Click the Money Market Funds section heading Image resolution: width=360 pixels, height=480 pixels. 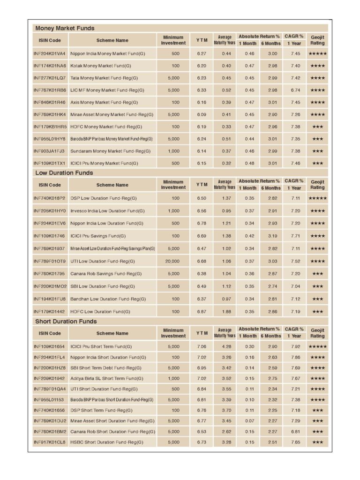65,28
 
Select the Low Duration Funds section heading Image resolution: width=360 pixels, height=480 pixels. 64,173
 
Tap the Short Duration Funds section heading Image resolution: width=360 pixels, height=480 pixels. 66,322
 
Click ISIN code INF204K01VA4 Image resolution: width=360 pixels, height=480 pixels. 50,53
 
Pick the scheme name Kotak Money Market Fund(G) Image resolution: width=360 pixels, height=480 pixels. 101,66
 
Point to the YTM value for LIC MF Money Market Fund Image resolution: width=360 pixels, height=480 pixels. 202,90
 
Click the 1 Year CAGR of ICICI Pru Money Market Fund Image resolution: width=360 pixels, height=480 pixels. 295,163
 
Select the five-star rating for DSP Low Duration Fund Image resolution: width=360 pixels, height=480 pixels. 317,198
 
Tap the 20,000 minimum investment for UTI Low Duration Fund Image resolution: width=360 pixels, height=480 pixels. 172,261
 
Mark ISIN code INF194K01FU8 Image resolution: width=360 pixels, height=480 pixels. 50,299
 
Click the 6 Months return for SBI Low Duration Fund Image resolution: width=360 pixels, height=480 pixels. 272,286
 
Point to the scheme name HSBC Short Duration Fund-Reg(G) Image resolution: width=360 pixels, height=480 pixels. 107,442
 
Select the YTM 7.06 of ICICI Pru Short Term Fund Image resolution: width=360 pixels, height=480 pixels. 202,347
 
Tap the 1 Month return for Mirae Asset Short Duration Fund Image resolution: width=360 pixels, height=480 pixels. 249,421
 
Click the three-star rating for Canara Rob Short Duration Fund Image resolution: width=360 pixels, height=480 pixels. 317,432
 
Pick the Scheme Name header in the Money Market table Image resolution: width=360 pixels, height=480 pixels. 112,40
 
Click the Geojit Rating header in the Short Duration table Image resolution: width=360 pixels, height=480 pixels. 317,333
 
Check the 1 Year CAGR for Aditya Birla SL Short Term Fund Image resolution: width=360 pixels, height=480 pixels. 295,378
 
